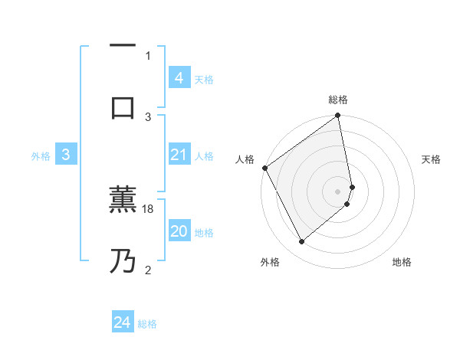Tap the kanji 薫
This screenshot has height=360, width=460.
(x=123, y=201)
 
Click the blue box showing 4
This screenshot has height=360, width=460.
(x=179, y=78)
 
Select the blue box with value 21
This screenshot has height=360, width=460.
(x=179, y=155)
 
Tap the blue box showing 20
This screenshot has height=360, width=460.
(x=179, y=232)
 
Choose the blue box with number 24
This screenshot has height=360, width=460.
(x=123, y=322)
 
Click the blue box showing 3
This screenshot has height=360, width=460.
(x=66, y=155)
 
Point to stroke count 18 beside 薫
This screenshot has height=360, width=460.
(x=149, y=209)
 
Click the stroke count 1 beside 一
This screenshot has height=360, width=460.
(x=148, y=55)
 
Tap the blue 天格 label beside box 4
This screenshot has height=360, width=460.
(x=204, y=80)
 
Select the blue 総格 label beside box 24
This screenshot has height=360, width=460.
(x=147, y=324)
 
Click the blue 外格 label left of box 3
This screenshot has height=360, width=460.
(x=41, y=156)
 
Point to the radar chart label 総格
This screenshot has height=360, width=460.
(x=338, y=100)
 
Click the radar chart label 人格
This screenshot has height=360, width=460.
(x=245, y=159)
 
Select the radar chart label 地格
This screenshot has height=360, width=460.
(x=402, y=262)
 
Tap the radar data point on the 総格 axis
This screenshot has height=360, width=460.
(x=338, y=116)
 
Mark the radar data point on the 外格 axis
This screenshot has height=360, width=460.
(x=301, y=242)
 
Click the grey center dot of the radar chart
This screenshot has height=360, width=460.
(x=338, y=191)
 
